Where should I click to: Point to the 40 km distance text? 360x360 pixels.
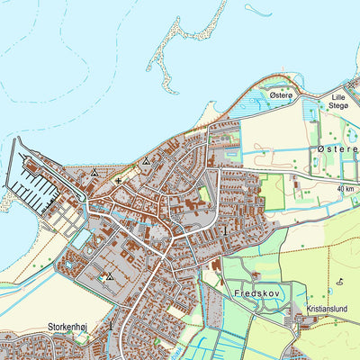(346, 189)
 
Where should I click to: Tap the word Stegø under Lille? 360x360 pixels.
(339, 105)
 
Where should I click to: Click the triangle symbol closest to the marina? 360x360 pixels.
(94, 172)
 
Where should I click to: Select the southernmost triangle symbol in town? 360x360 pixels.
(110, 277)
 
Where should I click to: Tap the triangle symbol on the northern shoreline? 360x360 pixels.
(146, 162)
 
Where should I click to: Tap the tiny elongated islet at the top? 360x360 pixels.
(257, 12)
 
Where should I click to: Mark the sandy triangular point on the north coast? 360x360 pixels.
(209, 117)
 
